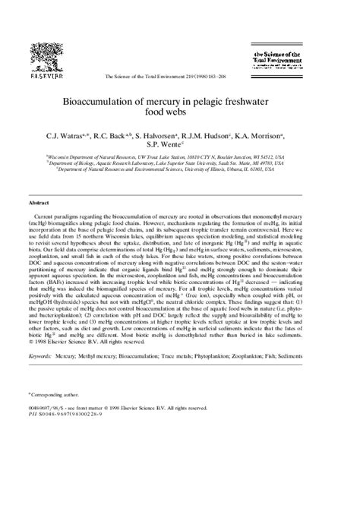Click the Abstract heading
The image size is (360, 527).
pyautogui.click(x=39, y=203)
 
